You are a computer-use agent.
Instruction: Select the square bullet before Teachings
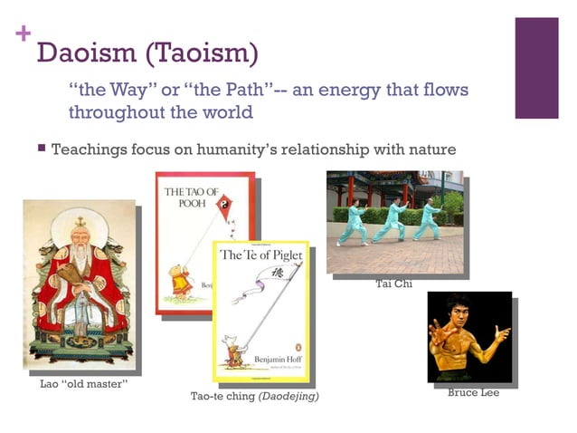click(41, 148)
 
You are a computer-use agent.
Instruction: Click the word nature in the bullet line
click(429, 149)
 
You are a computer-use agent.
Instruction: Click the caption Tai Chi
click(393, 284)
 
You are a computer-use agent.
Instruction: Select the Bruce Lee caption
click(473, 392)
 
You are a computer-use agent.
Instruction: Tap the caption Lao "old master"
click(83, 385)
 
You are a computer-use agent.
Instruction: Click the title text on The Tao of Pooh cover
click(191, 198)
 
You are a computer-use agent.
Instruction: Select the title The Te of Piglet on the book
click(261, 254)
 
